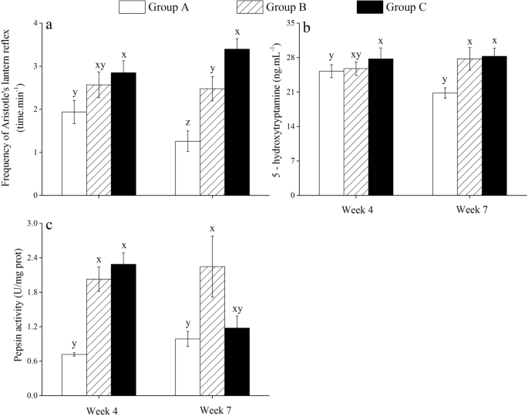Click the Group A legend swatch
pos(132,7)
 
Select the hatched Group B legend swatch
pos(251,7)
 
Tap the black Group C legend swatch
pos(370,7)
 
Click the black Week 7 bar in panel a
pos(237,122)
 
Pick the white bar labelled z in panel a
pos(187,168)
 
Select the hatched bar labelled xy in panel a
pos(99,140)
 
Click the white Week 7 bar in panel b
pos(445,144)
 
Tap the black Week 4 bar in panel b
pos(381,127)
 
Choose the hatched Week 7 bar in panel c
pos(212,330)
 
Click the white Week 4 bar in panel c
pos(74,375)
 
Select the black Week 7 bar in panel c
pos(237,362)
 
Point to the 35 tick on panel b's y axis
pos(291,23)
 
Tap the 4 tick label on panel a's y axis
pos(35,23)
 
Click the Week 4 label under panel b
pos(358,210)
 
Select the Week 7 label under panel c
pos(216,411)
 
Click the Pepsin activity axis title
pos(19,305)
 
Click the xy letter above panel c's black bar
pos(237,309)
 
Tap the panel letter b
pos(307,29)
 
